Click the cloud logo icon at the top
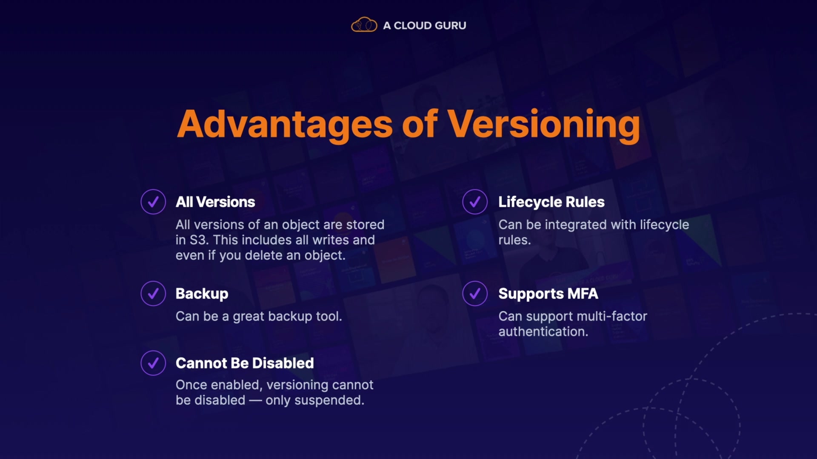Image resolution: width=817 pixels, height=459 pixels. [364, 25]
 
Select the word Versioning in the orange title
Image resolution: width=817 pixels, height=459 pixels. [544, 125]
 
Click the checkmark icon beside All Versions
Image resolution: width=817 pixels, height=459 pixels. [153, 201]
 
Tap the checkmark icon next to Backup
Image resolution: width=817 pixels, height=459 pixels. [153, 293]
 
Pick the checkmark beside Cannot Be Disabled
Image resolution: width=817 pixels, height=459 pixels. [153, 363]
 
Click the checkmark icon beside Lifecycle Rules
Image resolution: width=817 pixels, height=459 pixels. [475, 201]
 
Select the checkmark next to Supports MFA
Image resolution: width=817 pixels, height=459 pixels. [475, 293]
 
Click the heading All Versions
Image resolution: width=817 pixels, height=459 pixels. [215, 202]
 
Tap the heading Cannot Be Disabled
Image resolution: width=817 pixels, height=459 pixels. [245, 363]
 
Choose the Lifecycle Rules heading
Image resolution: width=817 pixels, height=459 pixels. [551, 202]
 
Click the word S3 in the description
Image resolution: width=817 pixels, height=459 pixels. [198, 240]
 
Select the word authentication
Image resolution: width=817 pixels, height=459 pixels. [543, 331]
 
